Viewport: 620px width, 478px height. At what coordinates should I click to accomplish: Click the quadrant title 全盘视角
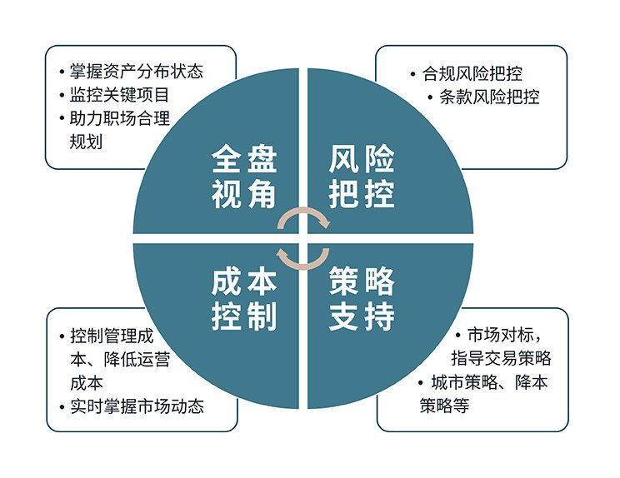(x=244, y=177)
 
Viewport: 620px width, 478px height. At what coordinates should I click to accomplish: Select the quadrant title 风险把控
(x=362, y=177)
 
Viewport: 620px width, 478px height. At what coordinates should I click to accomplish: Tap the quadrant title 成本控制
(x=244, y=299)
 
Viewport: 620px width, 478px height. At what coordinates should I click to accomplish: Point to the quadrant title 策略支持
(x=362, y=299)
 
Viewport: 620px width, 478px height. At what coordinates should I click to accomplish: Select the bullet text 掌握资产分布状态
(x=137, y=72)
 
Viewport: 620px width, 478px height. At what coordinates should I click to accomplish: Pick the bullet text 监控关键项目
(x=119, y=95)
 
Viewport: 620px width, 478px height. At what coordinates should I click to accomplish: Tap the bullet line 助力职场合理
(x=119, y=118)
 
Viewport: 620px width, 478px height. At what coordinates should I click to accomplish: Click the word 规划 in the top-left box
(x=86, y=142)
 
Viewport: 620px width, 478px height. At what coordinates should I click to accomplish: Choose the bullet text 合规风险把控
(x=472, y=73)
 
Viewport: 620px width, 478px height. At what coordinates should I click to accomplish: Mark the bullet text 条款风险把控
(x=489, y=97)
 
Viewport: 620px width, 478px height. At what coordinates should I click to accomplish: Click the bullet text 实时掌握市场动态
(x=137, y=406)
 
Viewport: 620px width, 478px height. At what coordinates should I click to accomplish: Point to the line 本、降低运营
(x=120, y=360)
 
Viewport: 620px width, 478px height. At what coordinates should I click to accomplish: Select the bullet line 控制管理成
(x=112, y=336)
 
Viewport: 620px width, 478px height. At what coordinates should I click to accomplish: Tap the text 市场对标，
(x=504, y=335)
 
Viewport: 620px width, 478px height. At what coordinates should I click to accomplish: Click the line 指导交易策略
(x=501, y=358)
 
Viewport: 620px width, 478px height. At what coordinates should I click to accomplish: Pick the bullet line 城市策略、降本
(x=489, y=382)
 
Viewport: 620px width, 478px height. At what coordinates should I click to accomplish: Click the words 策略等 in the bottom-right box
(x=444, y=406)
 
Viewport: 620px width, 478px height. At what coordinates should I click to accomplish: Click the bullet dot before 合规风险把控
(x=412, y=74)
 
